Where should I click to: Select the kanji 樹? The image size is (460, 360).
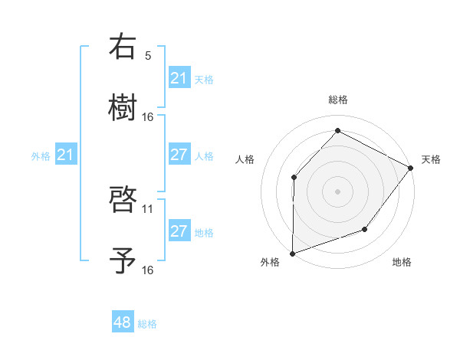tap(123, 107)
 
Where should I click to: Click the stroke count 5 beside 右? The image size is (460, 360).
tap(148, 56)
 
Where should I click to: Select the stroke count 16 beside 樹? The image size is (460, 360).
tap(148, 116)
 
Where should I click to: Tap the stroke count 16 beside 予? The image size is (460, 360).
tap(148, 270)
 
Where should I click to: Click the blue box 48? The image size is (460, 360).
tap(123, 322)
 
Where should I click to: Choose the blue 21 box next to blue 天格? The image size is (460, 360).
tap(179, 78)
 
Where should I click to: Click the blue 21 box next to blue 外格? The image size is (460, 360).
tap(65, 155)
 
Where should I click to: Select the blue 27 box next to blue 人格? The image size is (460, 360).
tap(179, 155)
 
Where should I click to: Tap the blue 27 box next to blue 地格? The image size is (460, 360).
tap(179, 231)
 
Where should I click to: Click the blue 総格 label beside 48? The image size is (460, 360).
tap(147, 324)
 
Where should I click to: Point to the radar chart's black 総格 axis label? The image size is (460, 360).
tap(338, 100)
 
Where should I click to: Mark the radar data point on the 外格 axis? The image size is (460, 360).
tap(293, 253)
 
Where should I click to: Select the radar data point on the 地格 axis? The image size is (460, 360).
tap(365, 229)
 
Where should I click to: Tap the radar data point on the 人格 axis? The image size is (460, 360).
tap(294, 178)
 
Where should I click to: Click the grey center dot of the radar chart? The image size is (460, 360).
tap(337, 191)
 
